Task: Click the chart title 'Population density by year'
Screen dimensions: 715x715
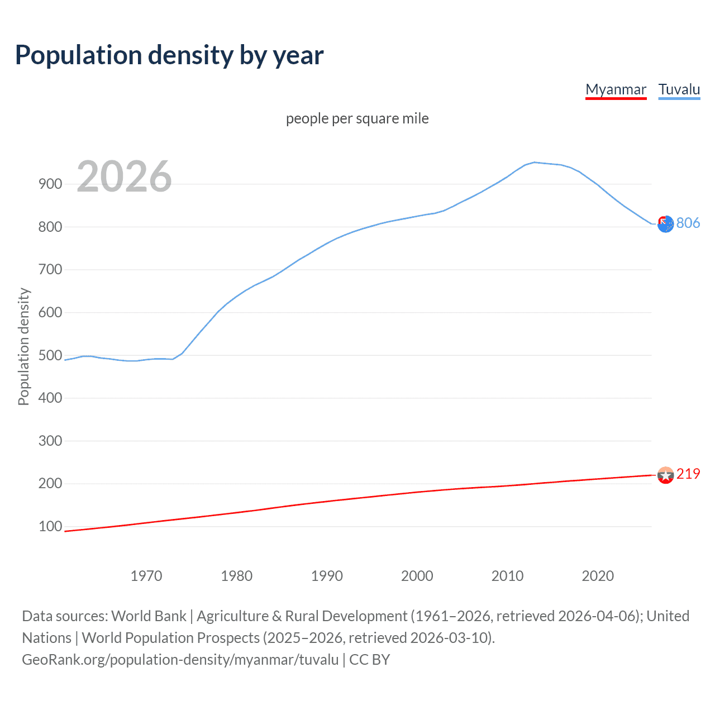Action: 169,55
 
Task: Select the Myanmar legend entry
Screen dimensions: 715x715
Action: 616,89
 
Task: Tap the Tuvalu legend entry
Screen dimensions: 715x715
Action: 679,89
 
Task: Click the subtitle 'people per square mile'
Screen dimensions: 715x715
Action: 357,118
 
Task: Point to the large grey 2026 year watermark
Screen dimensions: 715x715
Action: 124,177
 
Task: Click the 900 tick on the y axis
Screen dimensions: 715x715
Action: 50,184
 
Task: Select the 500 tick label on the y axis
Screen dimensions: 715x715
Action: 50,355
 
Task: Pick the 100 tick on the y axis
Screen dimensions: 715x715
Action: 50,526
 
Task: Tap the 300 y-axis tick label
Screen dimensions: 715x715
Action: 50,441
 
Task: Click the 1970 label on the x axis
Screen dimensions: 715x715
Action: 146,576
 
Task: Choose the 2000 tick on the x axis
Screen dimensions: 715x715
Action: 417,576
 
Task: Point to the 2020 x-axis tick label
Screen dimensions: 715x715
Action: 598,576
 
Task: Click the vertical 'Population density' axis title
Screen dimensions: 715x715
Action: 23,346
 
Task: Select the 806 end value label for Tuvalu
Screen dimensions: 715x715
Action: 688,223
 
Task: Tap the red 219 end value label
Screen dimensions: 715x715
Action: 688,474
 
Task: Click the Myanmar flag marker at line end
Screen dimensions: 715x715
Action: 665,475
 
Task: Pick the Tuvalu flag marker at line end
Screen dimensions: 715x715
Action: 665,224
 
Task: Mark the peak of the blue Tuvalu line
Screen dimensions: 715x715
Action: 534,162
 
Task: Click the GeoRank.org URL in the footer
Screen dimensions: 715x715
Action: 180,660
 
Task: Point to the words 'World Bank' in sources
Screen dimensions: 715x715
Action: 149,616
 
